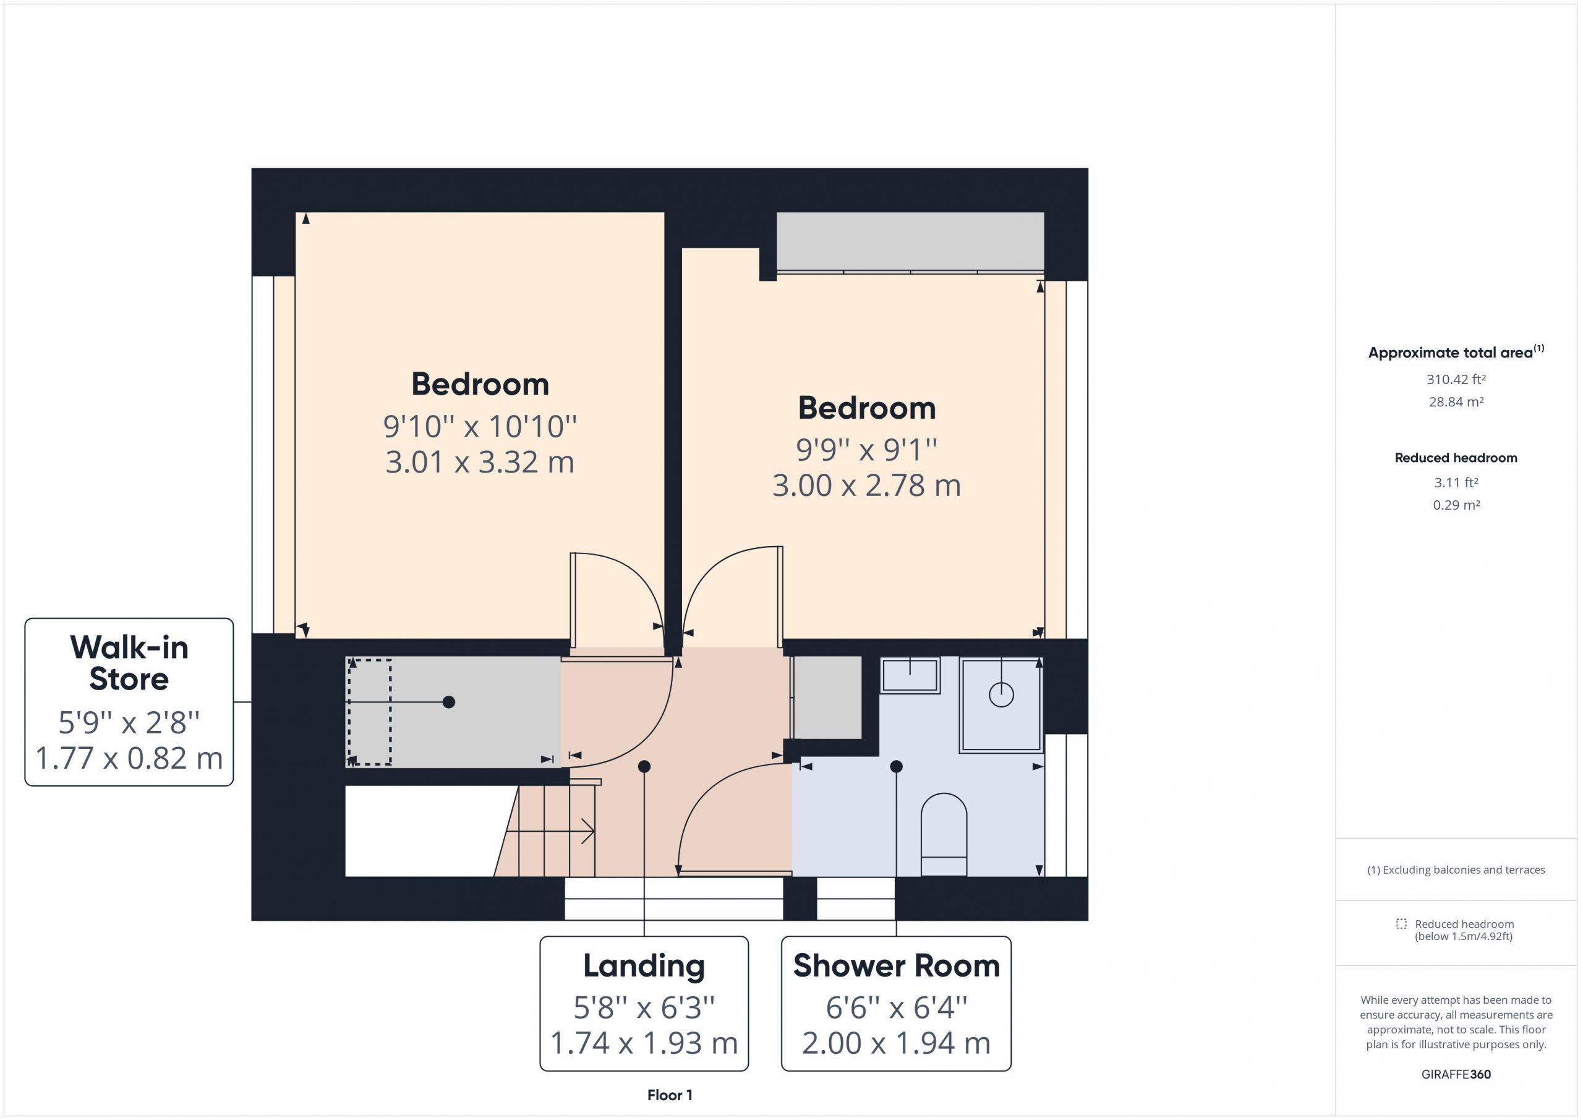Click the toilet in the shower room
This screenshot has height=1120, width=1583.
(944, 834)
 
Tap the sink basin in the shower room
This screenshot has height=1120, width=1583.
(910, 675)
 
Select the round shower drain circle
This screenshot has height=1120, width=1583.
(1001, 694)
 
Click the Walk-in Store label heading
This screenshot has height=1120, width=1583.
(129, 663)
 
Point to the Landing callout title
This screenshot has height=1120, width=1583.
(644, 965)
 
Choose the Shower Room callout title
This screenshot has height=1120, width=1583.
(896, 965)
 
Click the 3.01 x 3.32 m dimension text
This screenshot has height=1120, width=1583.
(480, 462)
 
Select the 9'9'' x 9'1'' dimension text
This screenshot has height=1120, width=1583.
(867, 450)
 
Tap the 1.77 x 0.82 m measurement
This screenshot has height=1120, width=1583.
(129, 758)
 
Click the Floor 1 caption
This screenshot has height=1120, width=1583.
(670, 1095)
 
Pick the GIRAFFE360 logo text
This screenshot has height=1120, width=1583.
(1456, 1074)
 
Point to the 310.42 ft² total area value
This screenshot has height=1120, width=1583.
(1456, 379)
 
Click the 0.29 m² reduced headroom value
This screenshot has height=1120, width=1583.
(1456, 505)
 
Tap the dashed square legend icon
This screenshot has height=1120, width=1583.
(1401, 923)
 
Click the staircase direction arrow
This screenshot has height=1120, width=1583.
(550, 831)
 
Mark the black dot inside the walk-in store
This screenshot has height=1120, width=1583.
(449, 702)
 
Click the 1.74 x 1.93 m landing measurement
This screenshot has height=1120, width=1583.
(644, 1043)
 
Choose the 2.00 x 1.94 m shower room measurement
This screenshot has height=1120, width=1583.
(896, 1043)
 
